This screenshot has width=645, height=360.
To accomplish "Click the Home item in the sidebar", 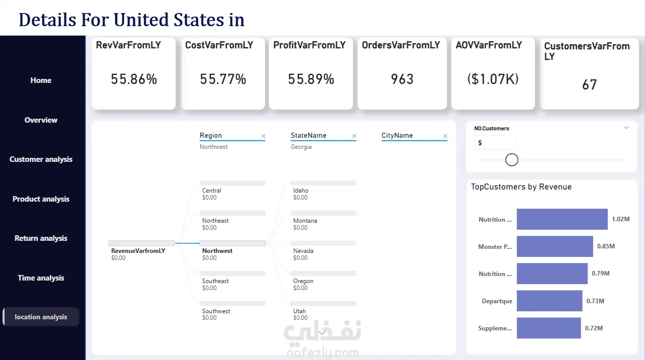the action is pos(41,80).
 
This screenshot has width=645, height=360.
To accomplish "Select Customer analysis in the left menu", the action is pos(41,159).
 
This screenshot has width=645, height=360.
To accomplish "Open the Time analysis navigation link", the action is pos(41,278).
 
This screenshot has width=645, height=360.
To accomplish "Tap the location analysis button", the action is pos(41,317).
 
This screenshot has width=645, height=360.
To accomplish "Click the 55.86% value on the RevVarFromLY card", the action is pos(134,79).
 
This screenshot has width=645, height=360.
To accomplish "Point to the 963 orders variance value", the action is pos(402,79).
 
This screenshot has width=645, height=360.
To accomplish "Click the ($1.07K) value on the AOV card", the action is pos(493,79).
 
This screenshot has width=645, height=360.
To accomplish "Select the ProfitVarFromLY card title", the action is pos(309,45).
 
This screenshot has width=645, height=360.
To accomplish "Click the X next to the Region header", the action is pos(263,136).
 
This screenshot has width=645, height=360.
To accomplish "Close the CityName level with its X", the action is pos(445,136).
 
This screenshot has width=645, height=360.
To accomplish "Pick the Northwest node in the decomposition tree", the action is pos(217,251).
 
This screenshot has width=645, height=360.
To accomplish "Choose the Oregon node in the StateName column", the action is pos(303,281).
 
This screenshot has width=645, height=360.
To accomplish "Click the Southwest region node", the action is pos(216,311).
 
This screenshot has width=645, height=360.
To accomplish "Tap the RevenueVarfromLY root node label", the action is pos(138,251).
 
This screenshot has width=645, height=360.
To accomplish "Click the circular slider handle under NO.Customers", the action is pos(512,160).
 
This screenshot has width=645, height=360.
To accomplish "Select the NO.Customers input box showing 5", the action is pos(495,143).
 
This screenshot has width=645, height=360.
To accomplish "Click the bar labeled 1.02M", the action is pos(562,219).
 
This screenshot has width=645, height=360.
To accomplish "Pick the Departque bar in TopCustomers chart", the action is pos(549,301).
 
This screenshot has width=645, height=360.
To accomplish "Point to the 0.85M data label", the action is pos(606,246).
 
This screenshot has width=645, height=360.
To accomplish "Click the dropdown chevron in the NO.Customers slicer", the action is pos(626,128).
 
